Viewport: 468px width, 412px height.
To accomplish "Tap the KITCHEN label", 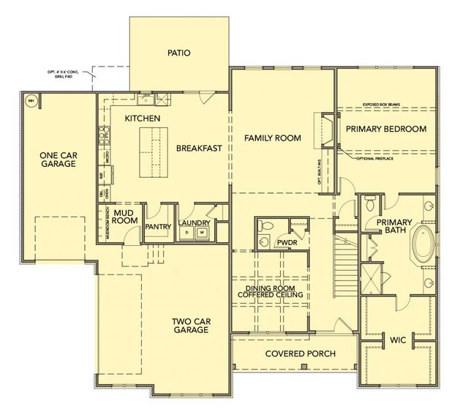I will (143, 119).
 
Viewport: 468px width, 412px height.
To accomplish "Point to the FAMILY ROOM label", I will (272, 138).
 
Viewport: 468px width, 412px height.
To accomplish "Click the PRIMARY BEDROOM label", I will (386, 129).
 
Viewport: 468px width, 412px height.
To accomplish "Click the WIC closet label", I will (398, 340).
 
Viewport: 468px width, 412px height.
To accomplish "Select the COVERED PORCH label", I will (301, 354).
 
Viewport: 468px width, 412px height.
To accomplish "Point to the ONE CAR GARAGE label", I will (58, 160).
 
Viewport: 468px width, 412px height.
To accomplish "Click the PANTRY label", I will (158, 227).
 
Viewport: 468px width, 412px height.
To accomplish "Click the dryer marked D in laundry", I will (187, 233).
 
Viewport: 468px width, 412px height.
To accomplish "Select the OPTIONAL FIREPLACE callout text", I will (374, 159).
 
